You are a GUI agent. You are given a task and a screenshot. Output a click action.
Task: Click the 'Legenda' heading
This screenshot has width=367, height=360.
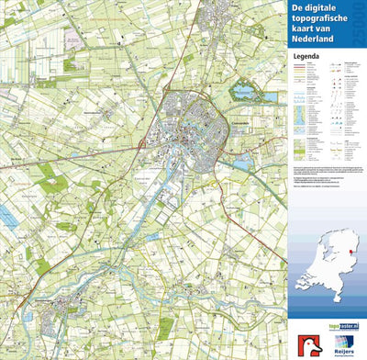pos(306,57)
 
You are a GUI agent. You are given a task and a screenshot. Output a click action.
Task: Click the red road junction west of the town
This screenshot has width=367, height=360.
pos(140,145)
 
